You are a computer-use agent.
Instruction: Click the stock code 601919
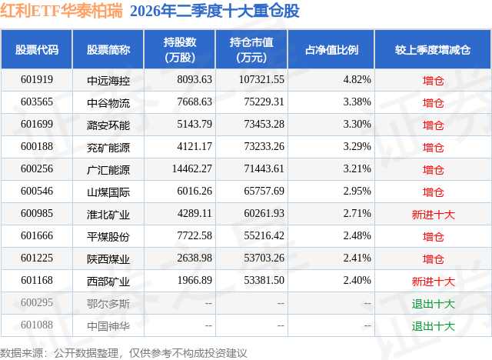point(37,80)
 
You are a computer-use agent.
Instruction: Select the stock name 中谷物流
point(108,103)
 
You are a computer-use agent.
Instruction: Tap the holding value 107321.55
point(261,80)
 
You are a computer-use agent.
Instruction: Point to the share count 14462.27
point(191,169)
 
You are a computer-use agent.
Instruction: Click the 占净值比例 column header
point(331,49)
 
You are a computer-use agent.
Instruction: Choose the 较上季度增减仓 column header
point(433,49)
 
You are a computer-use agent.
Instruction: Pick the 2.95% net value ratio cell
point(357,191)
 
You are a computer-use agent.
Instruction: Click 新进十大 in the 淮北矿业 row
point(433,215)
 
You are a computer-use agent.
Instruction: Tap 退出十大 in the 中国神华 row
point(433,326)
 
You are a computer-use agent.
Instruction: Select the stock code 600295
point(37,302)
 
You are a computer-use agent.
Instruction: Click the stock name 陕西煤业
point(108,259)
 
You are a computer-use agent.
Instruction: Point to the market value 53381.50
point(264,280)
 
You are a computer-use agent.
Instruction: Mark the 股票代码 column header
point(37,49)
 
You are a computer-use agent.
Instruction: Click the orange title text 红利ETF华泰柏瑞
point(61,11)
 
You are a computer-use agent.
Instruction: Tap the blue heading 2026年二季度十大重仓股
point(214,11)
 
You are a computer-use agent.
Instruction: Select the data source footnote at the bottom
point(123,353)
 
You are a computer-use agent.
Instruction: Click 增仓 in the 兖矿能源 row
point(433,148)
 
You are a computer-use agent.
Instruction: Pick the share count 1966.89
point(194,280)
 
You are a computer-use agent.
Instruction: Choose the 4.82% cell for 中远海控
point(357,80)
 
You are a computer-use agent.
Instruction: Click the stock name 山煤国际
point(108,192)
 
